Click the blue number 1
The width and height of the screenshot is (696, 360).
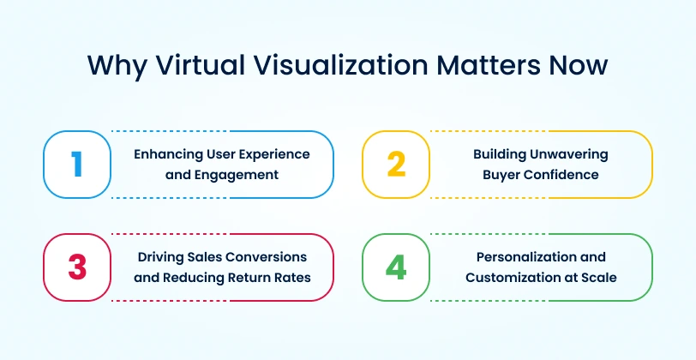pyautogui.click(x=77, y=164)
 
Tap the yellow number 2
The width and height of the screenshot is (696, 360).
pyautogui.click(x=396, y=164)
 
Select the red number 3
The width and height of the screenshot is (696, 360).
pyautogui.click(x=77, y=267)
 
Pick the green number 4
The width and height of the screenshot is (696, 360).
pyautogui.click(x=396, y=267)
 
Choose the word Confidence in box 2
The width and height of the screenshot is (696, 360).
pyautogui.click(x=562, y=174)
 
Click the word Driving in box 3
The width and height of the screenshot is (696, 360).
pyautogui.click(x=159, y=257)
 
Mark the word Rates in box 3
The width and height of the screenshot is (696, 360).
pyautogui.click(x=290, y=277)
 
